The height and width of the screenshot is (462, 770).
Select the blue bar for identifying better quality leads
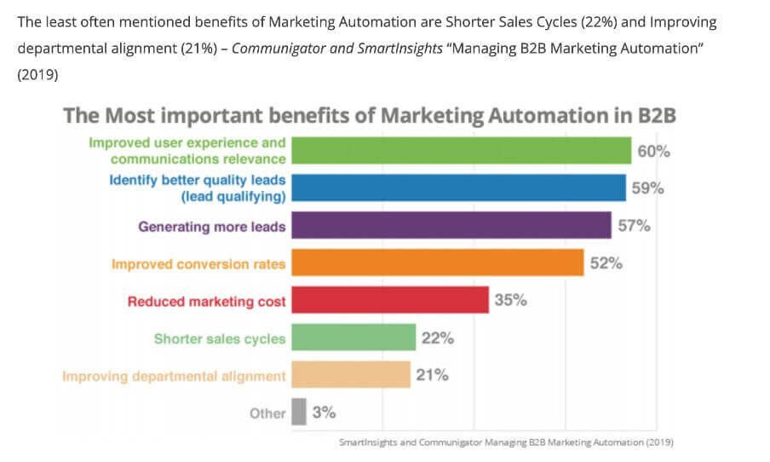(x=458, y=188)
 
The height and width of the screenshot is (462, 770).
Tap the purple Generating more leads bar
(x=451, y=226)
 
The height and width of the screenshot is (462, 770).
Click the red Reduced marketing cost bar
(x=390, y=300)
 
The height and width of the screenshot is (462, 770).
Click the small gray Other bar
(x=299, y=413)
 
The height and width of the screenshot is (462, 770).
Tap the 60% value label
(x=654, y=152)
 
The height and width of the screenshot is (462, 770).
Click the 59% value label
(x=647, y=188)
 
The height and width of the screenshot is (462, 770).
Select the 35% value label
(x=510, y=300)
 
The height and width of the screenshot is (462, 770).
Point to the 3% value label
(x=324, y=413)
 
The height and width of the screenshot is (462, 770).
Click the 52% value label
(x=606, y=263)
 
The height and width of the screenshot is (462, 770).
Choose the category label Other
(x=267, y=413)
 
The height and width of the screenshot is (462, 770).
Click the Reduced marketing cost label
(x=207, y=301)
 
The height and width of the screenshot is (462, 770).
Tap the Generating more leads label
(x=212, y=227)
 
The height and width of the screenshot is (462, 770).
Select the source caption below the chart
(x=506, y=442)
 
